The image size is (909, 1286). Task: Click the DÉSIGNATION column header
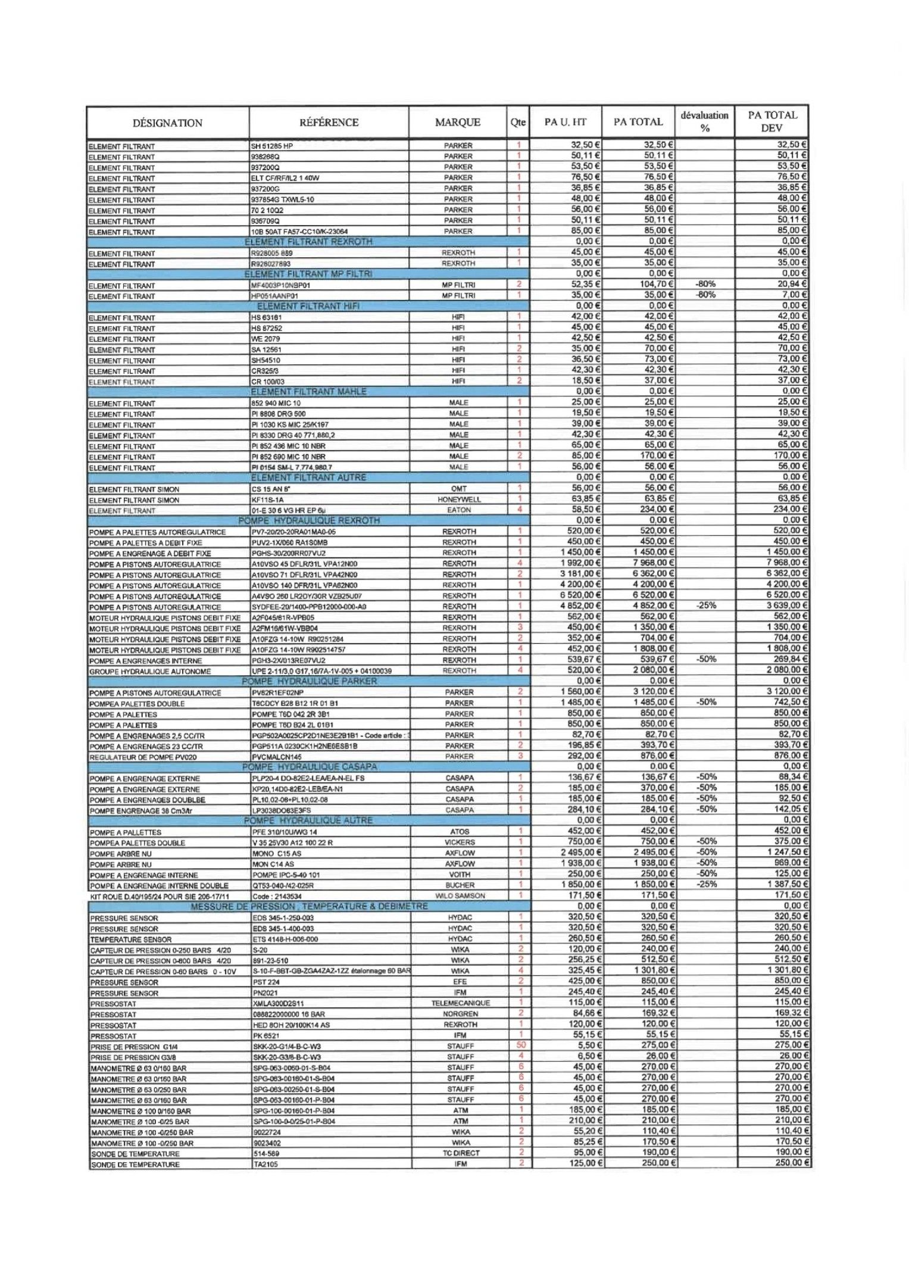(167, 123)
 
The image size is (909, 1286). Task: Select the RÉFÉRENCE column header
(329, 123)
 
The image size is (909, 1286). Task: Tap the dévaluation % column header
(704, 121)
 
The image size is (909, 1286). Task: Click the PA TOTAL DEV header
(771, 121)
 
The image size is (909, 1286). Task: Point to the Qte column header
(518, 123)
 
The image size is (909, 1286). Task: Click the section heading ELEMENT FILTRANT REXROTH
(308, 242)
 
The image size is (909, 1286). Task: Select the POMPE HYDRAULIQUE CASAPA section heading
(310, 767)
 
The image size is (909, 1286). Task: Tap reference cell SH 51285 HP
(272, 146)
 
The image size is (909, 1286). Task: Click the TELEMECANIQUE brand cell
(460, 1003)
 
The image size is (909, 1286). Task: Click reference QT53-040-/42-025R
(283, 885)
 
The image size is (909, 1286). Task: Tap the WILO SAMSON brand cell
(460, 896)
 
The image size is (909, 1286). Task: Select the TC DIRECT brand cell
(460, 1153)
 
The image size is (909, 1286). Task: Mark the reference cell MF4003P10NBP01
(281, 285)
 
